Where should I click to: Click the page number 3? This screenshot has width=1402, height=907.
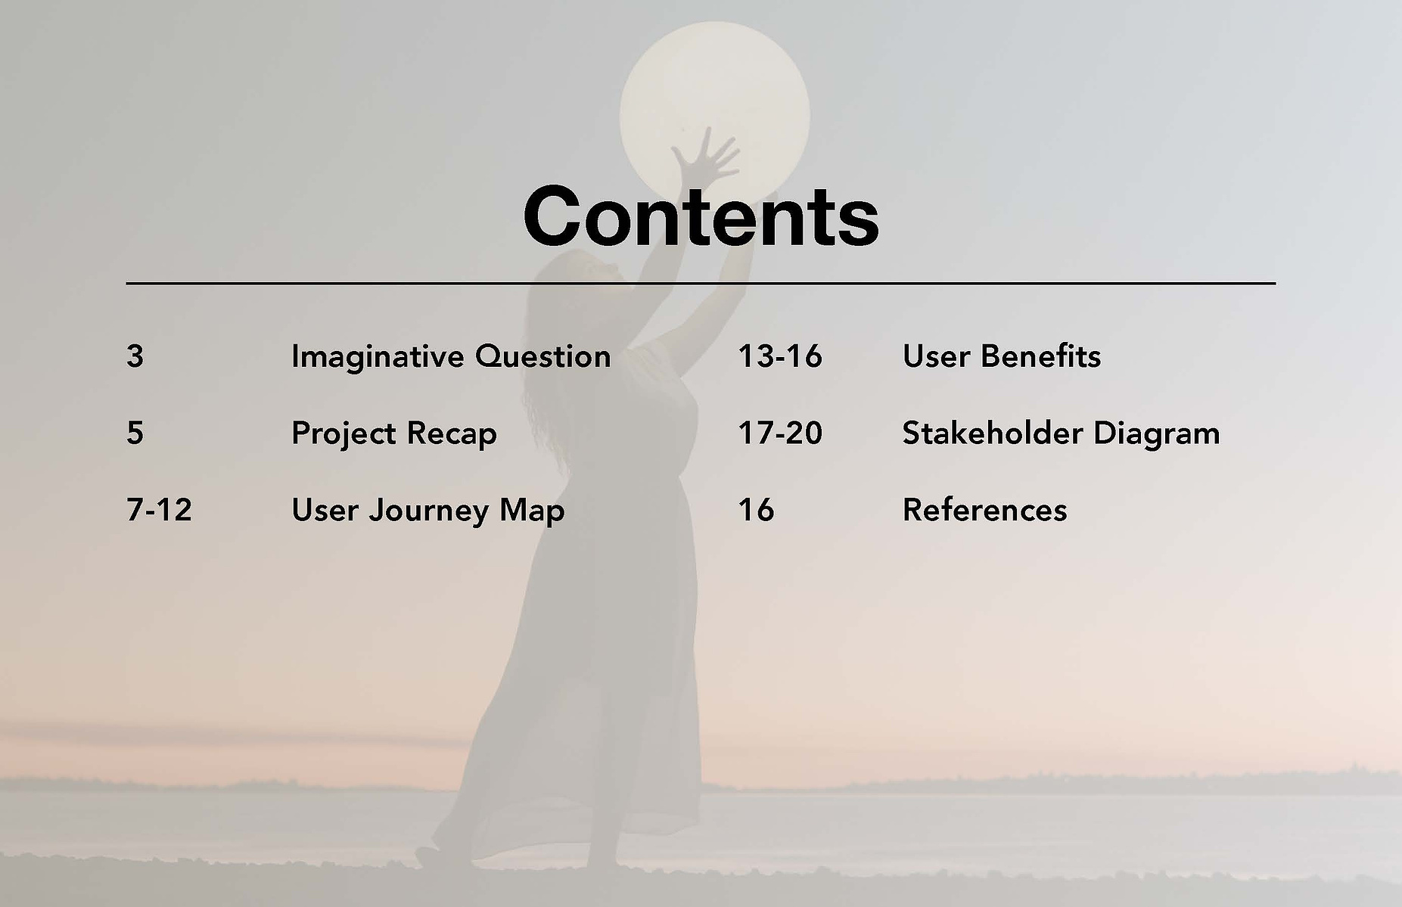coord(135,356)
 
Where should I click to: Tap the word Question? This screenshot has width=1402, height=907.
coord(543,357)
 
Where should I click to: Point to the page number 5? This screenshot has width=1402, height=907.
coord(135,433)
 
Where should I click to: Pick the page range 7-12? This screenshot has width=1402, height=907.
coord(159,510)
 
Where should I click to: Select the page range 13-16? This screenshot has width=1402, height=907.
coord(780,356)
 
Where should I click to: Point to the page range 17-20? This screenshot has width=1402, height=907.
coord(780,433)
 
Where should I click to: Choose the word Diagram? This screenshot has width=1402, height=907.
coord(1157,434)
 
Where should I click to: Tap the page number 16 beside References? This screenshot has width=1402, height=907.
coord(756,510)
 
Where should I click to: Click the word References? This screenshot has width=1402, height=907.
coord(985,510)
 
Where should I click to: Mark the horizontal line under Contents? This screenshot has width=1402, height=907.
coord(701,284)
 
